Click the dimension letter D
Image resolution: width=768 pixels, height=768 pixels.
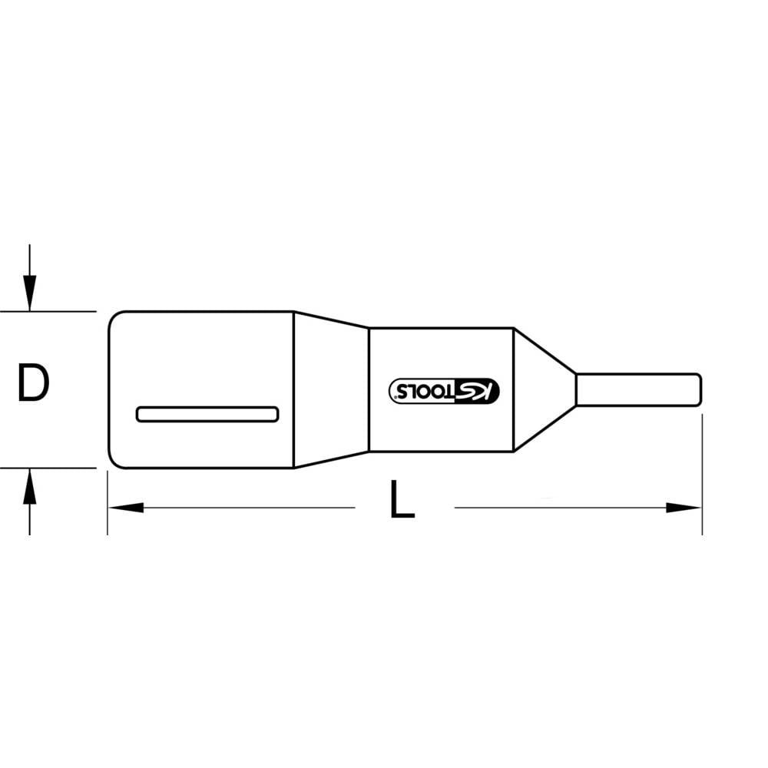[33, 384]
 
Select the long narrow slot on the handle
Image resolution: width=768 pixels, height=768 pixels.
[207, 414]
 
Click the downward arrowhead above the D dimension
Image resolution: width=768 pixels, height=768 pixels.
[29, 296]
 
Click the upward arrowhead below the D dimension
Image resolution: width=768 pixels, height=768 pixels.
[29, 484]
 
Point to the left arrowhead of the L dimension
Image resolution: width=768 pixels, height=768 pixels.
[123, 508]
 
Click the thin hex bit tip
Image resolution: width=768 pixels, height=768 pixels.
[637, 389]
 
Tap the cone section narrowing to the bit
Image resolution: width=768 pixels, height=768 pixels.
[541, 389]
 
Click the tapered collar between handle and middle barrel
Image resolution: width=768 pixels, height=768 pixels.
[330, 389]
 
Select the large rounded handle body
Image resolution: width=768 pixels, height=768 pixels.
[200, 353]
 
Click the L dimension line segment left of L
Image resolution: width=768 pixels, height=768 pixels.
[246, 508]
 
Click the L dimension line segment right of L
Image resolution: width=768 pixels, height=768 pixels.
[561, 508]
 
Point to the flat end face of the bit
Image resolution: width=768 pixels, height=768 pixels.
[700, 389]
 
